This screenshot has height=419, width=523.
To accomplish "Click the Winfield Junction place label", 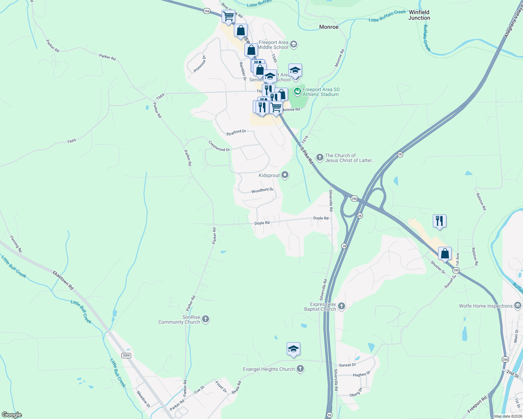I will click(x=419, y=15).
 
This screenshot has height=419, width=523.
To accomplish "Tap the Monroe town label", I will click(x=329, y=27).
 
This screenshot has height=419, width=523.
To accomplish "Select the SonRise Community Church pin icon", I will click(x=206, y=319).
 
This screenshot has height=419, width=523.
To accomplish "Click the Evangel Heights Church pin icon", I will click(x=300, y=369).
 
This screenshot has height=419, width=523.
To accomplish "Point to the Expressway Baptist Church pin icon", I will click(x=342, y=306).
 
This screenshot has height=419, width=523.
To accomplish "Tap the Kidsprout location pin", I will click(x=285, y=175).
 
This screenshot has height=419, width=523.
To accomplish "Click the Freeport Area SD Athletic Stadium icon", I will click(x=297, y=91).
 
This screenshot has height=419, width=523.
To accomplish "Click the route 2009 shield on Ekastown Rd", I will click(x=126, y=355).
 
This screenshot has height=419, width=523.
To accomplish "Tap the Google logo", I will click(x=12, y=415).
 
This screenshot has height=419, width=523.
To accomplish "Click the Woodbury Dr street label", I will click(x=262, y=190).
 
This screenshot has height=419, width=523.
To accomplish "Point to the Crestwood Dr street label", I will click(x=219, y=146).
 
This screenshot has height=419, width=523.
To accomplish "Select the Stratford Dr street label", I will click(x=236, y=132).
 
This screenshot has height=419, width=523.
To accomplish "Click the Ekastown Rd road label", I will click(x=63, y=280).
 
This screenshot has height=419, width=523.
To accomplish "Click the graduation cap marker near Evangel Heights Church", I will click(x=293, y=349).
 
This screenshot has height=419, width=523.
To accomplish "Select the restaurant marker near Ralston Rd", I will click(x=439, y=221).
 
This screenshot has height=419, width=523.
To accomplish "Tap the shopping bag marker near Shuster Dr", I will click(x=445, y=253).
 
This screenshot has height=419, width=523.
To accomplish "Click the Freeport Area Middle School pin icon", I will click(x=294, y=44).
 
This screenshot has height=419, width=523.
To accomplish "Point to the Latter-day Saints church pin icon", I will click(x=320, y=157).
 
